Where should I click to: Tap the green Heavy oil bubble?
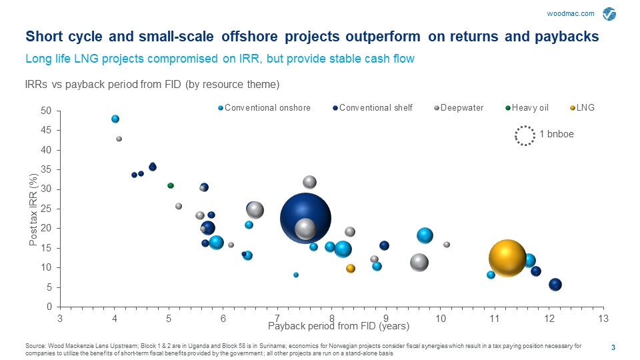[171, 185]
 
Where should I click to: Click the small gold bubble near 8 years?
[351, 269]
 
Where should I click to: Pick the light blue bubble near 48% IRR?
[115, 119]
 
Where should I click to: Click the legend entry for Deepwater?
[459, 107]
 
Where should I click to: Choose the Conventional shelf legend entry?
[375, 107]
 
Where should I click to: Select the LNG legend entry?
[585, 107]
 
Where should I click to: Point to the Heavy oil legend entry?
[529, 107]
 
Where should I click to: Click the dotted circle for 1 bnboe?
[525, 135]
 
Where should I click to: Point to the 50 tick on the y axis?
[46, 111]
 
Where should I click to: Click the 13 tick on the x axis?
[603, 317]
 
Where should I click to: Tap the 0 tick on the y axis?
[49, 307]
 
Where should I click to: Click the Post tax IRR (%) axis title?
[33, 209]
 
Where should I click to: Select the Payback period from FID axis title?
[329, 326]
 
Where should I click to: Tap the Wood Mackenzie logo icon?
[610, 14]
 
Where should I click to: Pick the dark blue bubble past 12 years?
[555, 285]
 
